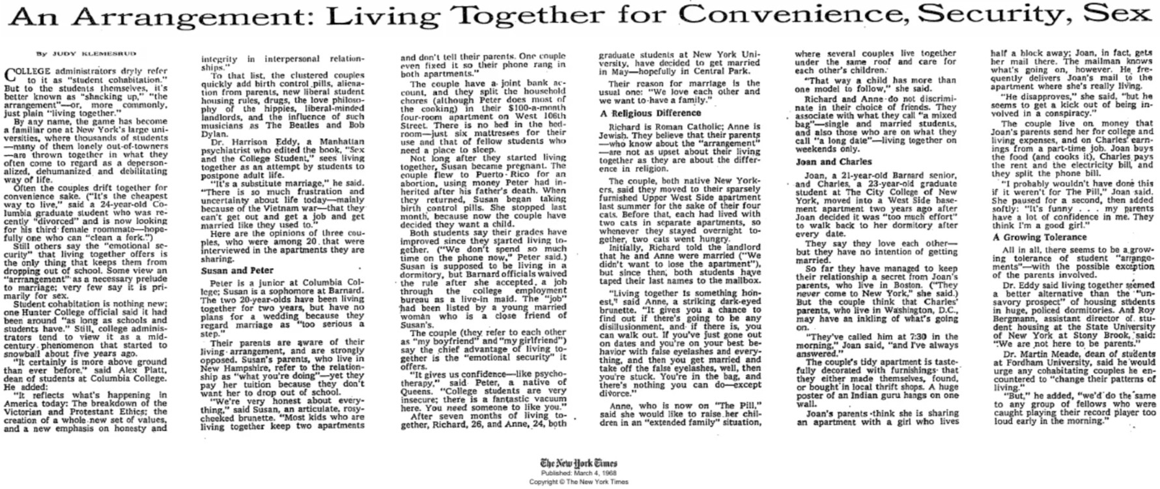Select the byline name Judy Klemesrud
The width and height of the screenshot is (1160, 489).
click(x=75, y=53)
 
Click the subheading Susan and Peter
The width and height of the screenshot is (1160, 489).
click(x=227, y=269)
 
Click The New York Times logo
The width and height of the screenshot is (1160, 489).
click(x=578, y=463)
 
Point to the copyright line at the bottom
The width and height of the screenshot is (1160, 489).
click(x=578, y=482)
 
